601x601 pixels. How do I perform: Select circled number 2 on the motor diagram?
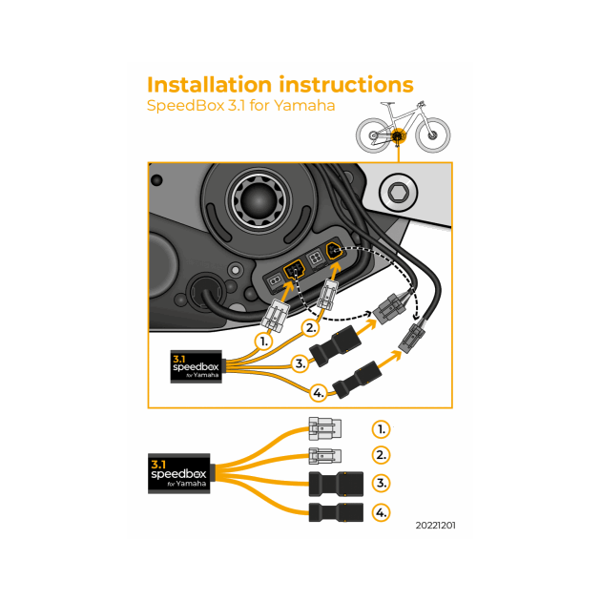coord(309,328)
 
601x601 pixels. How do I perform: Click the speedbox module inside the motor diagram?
coord(196,366)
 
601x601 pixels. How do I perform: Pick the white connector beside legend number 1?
coord(324,429)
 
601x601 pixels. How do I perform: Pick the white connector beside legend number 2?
coord(324,455)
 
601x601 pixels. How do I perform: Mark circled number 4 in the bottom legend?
coord(381,513)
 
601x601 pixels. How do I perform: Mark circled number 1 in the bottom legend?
coord(381,429)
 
